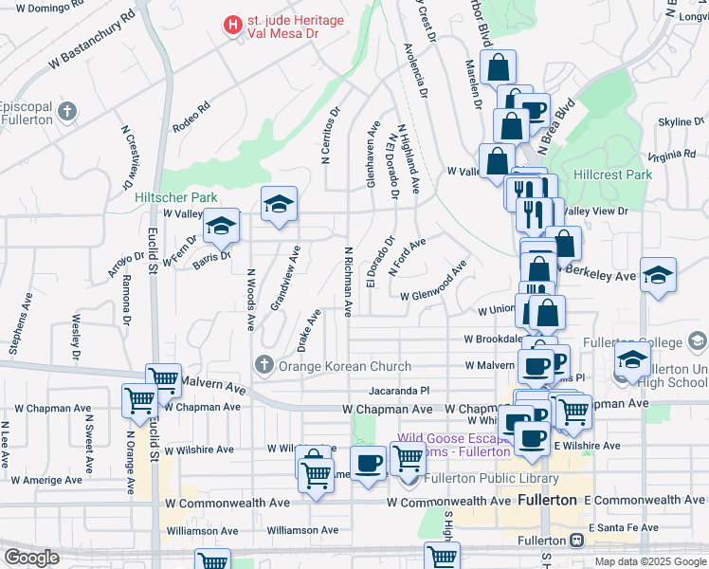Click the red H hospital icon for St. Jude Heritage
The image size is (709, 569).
[x=230, y=26]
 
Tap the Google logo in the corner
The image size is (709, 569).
[x=32, y=558]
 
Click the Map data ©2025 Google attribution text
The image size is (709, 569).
[x=649, y=561]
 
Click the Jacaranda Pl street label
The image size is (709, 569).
[x=399, y=391]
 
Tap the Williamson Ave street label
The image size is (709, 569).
[x=302, y=530]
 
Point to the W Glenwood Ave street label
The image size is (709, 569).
[x=434, y=284]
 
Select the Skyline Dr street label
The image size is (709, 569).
[x=682, y=122]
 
